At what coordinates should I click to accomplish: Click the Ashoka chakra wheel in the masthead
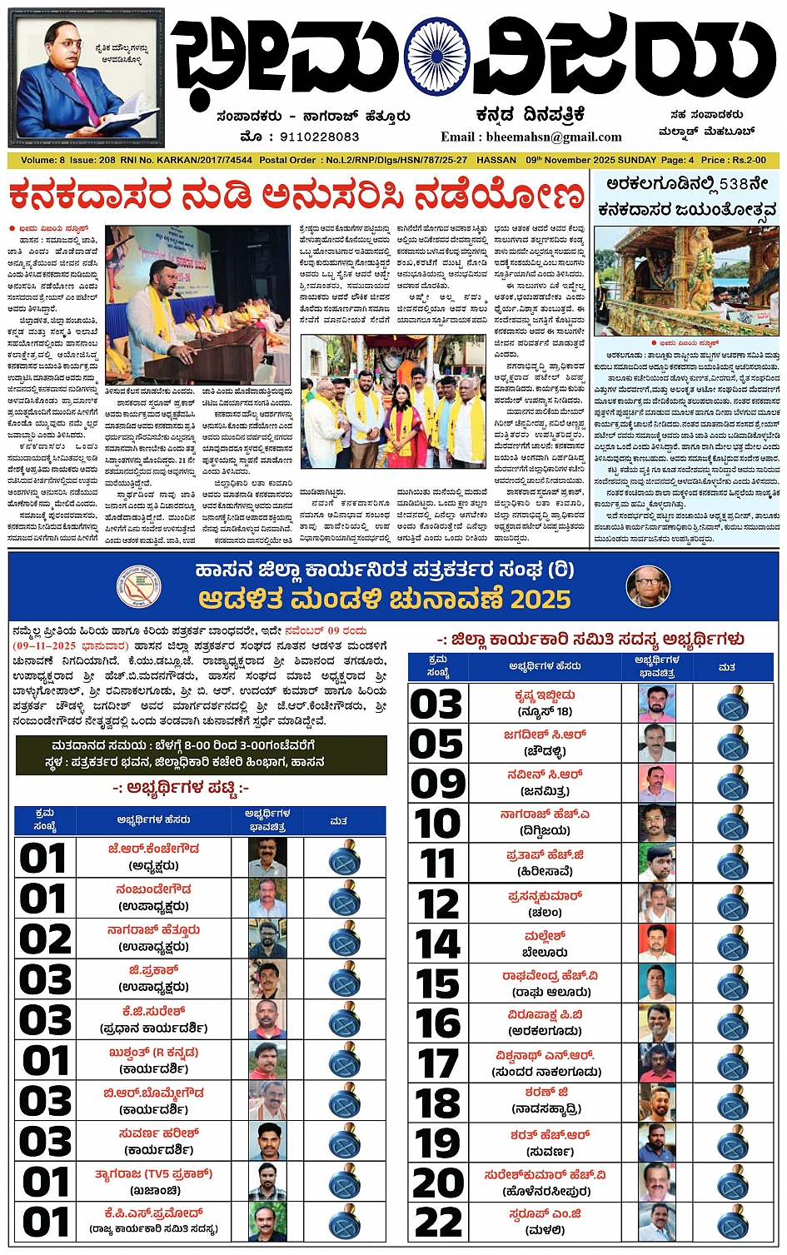pos(436,55)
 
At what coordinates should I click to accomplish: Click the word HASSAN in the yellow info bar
pos(496,159)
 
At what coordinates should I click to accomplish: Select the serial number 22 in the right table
pos(438,1222)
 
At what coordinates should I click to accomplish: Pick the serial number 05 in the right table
pos(436,744)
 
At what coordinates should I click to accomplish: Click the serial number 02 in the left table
pos(45,939)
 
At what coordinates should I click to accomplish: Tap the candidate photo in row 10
pos(657,823)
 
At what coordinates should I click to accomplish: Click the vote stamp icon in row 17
pos(733,1063)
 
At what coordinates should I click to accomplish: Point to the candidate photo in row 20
pos(657,1183)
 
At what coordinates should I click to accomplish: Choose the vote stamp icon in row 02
pos(344,939)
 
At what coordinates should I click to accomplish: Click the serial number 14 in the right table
pos(438,944)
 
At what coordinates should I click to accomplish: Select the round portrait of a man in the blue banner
pos(648,586)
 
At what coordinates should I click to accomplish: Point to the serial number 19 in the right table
pos(438,1143)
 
